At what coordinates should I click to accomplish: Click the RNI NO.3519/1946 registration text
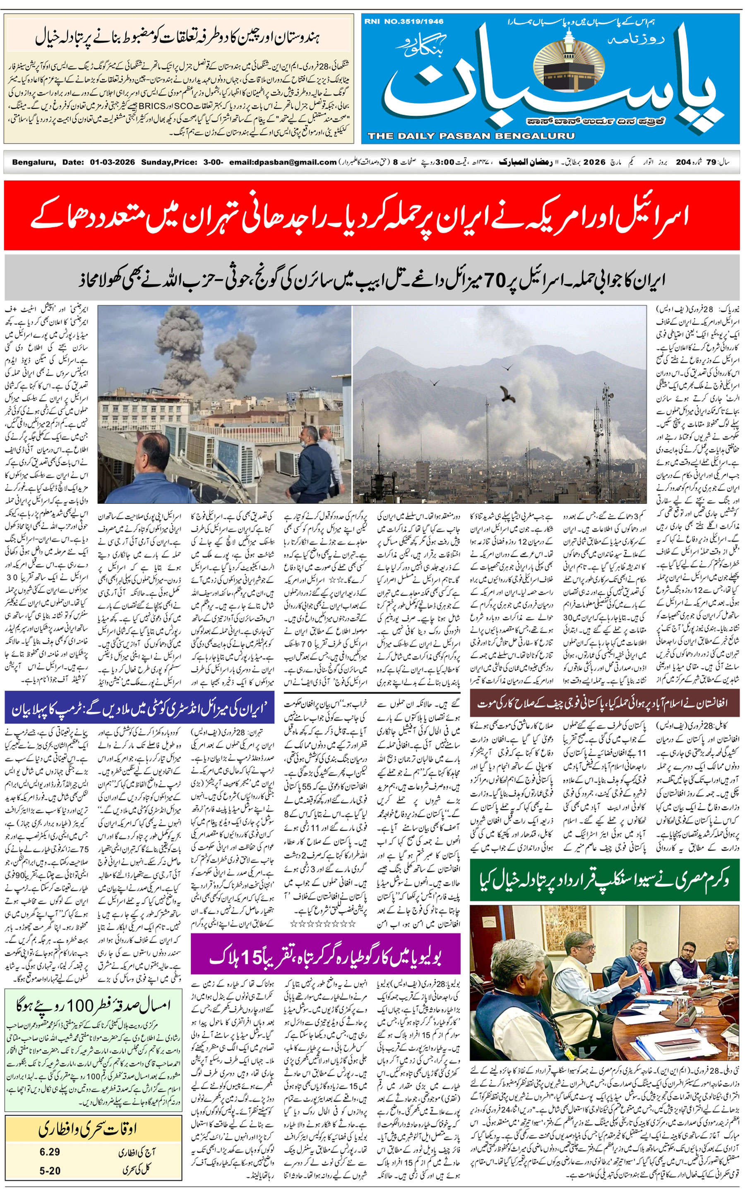(404, 22)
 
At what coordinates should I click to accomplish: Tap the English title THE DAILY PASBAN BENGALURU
(471, 136)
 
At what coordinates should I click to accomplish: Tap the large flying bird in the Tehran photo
(506, 395)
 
